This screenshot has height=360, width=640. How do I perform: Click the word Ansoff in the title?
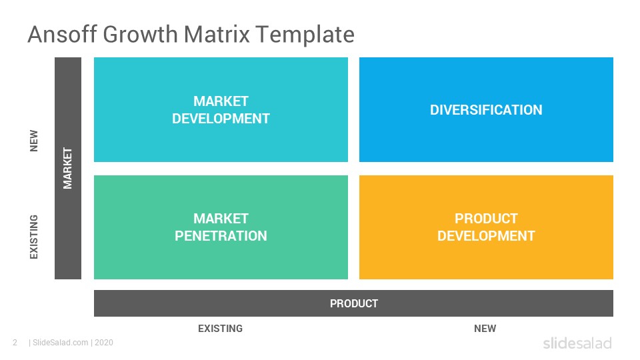(x=63, y=34)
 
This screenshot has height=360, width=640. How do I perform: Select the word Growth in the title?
(x=140, y=34)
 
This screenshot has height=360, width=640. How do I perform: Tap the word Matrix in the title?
(x=216, y=34)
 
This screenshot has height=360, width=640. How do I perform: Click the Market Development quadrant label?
(x=221, y=110)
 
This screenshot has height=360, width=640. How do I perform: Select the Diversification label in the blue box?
(x=486, y=110)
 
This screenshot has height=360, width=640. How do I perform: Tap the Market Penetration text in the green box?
(x=221, y=227)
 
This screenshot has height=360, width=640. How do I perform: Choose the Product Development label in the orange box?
(x=486, y=227)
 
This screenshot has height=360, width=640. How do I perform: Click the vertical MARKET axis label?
(x=68, y=168)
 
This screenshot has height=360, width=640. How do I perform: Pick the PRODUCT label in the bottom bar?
(x=354, y=304)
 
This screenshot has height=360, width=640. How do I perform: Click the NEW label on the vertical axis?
(x=34, y=141)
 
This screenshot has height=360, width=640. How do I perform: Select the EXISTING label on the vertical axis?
(x=34, y=237)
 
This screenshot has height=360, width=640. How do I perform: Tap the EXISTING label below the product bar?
(x=221, y=329)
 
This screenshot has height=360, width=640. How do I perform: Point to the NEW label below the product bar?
(x=485, y=329)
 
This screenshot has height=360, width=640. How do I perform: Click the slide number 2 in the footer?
(x=15, y=343)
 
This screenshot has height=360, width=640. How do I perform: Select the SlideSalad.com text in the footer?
(x=61, y=343)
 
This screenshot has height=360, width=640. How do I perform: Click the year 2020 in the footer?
(x=104, y=343)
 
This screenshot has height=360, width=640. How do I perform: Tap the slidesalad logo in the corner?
(x=577, y=343)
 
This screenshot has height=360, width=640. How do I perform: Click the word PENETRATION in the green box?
(x=221, y=236)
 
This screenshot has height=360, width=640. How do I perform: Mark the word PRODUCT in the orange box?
(x=486, y=219)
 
